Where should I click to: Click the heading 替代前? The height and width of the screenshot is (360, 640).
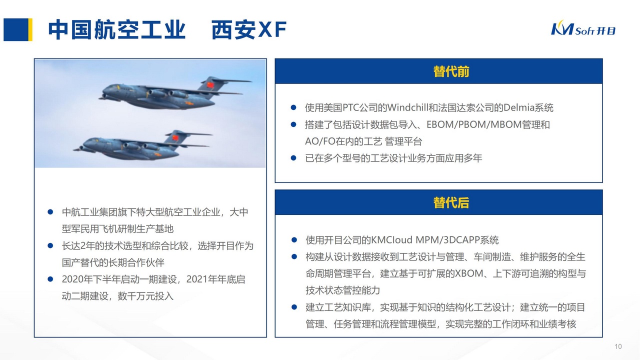pos(451,71)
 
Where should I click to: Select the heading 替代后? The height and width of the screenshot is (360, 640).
pos(451,203)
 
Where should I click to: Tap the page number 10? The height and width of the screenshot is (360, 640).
pos(618,347)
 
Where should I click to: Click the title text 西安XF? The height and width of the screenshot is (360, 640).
pos(249,30)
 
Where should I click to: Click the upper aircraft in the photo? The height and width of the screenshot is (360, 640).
pos(165,93)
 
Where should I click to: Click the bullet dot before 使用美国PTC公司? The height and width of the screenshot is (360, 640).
pos(294,107)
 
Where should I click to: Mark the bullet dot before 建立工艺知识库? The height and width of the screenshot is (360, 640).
pos(294,307)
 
